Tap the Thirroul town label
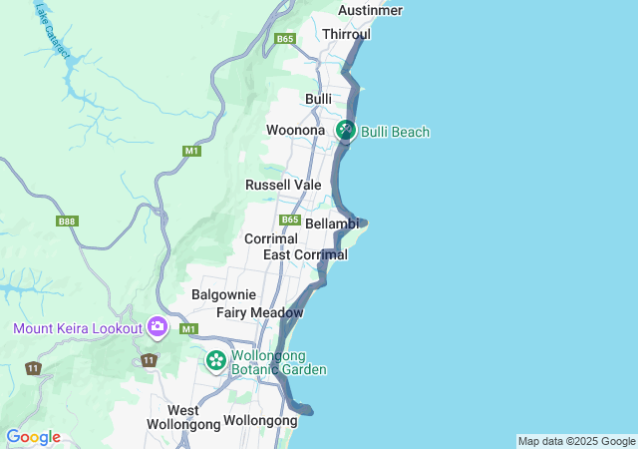pyautogui.click(x=346, y=34)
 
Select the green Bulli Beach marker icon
pyautogui.click(x=346, y=130)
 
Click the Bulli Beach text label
pyautogui.click(x=395, y=132)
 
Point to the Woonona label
pyautogui.click(x=295, y=131)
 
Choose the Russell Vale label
pyautogui.click(x=283, y=185)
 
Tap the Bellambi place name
pyautogui.click(x=332, y=224)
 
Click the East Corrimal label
pyautogui.click(x=305, y=255)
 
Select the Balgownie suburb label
pyautogui.click(x=223, y=295)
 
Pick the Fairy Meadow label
pyautogui.click(x=259, y=313)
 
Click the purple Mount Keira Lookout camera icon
pyautogui.click(x=157, y=326)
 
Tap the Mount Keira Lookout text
pyautogui.click(x=77, y=328)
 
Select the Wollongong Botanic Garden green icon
pyautogui.click(x=215, y=359)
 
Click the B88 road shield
pyautogui.click(x=67, y=222)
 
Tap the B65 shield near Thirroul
pyautogui.click(x=286, y=38)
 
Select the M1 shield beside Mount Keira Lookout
pyautogui.click(x=189, y=328)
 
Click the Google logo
pyautogui.click(x=33, y=437)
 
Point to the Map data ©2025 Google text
pyautogui.click(x=576, y=441)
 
